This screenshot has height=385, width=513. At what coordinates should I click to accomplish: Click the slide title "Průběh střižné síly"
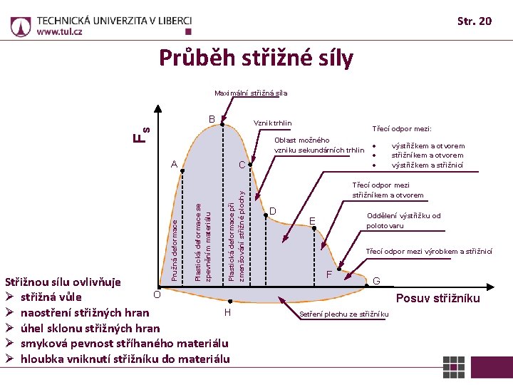point(256,58)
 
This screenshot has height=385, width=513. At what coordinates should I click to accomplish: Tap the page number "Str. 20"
point(475,21)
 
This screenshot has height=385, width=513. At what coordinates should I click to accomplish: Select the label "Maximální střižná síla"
point(252,93)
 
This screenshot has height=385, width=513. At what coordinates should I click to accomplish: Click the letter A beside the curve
point(174,164)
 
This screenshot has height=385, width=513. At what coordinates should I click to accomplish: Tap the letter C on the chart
point(242,165)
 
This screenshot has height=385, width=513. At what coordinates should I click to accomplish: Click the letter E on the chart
point(312,220)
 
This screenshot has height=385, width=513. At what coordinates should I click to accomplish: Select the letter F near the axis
point(328,274)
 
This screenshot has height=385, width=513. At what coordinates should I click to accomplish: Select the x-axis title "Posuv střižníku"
point(438,298)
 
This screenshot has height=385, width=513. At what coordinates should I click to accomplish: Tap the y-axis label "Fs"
point(143,133)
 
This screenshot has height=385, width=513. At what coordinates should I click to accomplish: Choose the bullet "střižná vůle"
point(51,297)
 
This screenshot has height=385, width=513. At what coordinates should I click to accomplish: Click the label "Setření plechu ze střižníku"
point(344,314)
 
